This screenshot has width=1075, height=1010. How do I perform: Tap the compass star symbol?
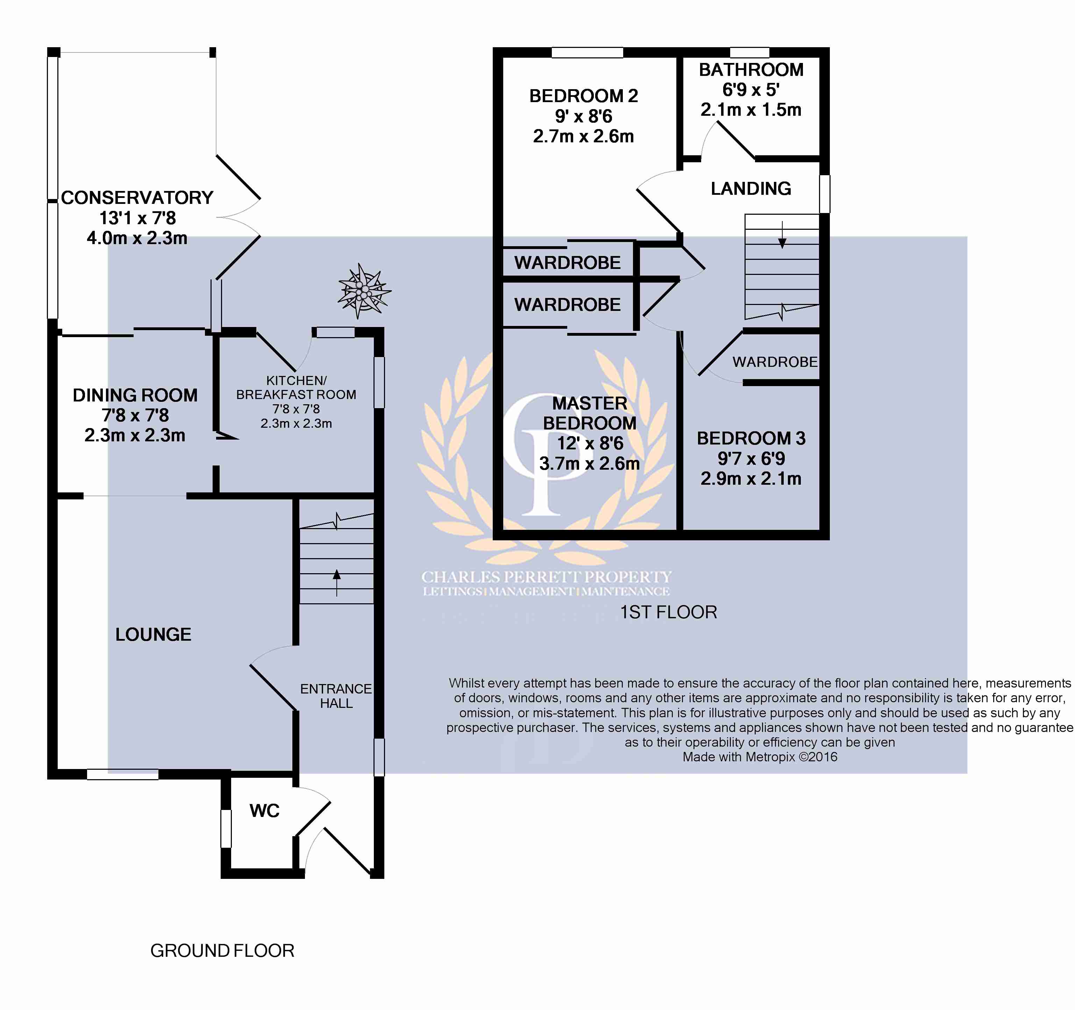[363, 291]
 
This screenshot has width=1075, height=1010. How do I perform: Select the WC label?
[264, 811]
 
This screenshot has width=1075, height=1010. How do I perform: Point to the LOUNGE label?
[153, 634]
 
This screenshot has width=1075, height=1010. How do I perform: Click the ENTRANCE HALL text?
[336, 696]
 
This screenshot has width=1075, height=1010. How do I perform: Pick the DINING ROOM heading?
[135, 395]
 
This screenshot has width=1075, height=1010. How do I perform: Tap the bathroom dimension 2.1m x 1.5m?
[750, 110]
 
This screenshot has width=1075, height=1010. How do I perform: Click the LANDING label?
[750, 189]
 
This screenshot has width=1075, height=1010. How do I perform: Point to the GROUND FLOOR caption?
[222, 951]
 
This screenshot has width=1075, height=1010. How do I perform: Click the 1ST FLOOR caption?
[668, 612]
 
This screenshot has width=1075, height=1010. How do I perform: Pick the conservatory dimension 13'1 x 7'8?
[137, 218]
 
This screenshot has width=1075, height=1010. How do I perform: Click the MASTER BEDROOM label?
[589, 413]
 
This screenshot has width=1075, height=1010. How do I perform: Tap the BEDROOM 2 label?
[583, 96]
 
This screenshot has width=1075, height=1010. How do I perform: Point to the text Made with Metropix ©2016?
[760, 757]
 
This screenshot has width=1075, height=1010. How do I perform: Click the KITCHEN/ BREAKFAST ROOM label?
[296, 388]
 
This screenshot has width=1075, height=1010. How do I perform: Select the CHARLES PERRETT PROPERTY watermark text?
[546, 577]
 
